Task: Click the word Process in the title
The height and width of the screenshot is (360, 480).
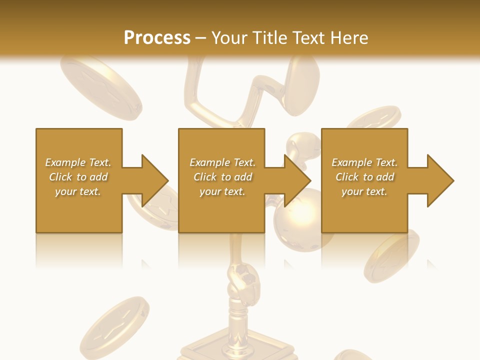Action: [157, 38]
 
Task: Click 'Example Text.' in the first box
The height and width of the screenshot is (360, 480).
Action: [78, 162]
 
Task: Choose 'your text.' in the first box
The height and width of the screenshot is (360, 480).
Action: [78, 191]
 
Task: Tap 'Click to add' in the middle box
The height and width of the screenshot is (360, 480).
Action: [222, 177]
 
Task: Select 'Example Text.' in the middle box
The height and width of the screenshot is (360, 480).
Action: [222, 162]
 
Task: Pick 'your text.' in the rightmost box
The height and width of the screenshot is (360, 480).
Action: [364, 191]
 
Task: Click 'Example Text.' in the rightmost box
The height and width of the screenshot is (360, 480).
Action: [364, 162]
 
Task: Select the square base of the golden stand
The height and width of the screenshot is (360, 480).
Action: [235, 350]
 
